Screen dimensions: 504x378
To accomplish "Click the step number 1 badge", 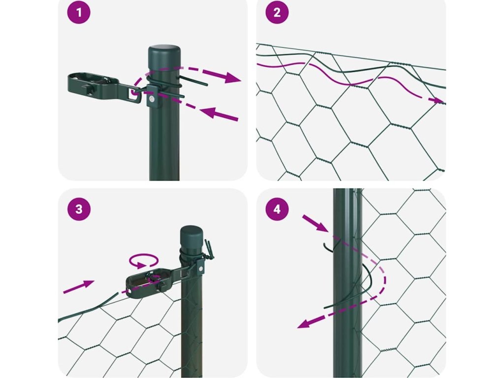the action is [79, 12].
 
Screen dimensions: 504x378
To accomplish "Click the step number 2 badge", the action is [277, 12].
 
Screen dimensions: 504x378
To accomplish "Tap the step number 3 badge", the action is [79, 209].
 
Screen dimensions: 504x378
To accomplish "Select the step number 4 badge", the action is [277, 209].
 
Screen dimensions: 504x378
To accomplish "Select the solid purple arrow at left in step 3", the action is [79, 286].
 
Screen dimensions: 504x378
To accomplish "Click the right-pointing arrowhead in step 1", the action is [232, 78].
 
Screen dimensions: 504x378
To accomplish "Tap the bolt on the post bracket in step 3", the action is [201, 269].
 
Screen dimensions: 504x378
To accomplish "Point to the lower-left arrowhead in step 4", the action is [305, 323].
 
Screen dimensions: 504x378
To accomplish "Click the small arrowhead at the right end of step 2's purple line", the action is [438, 100].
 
